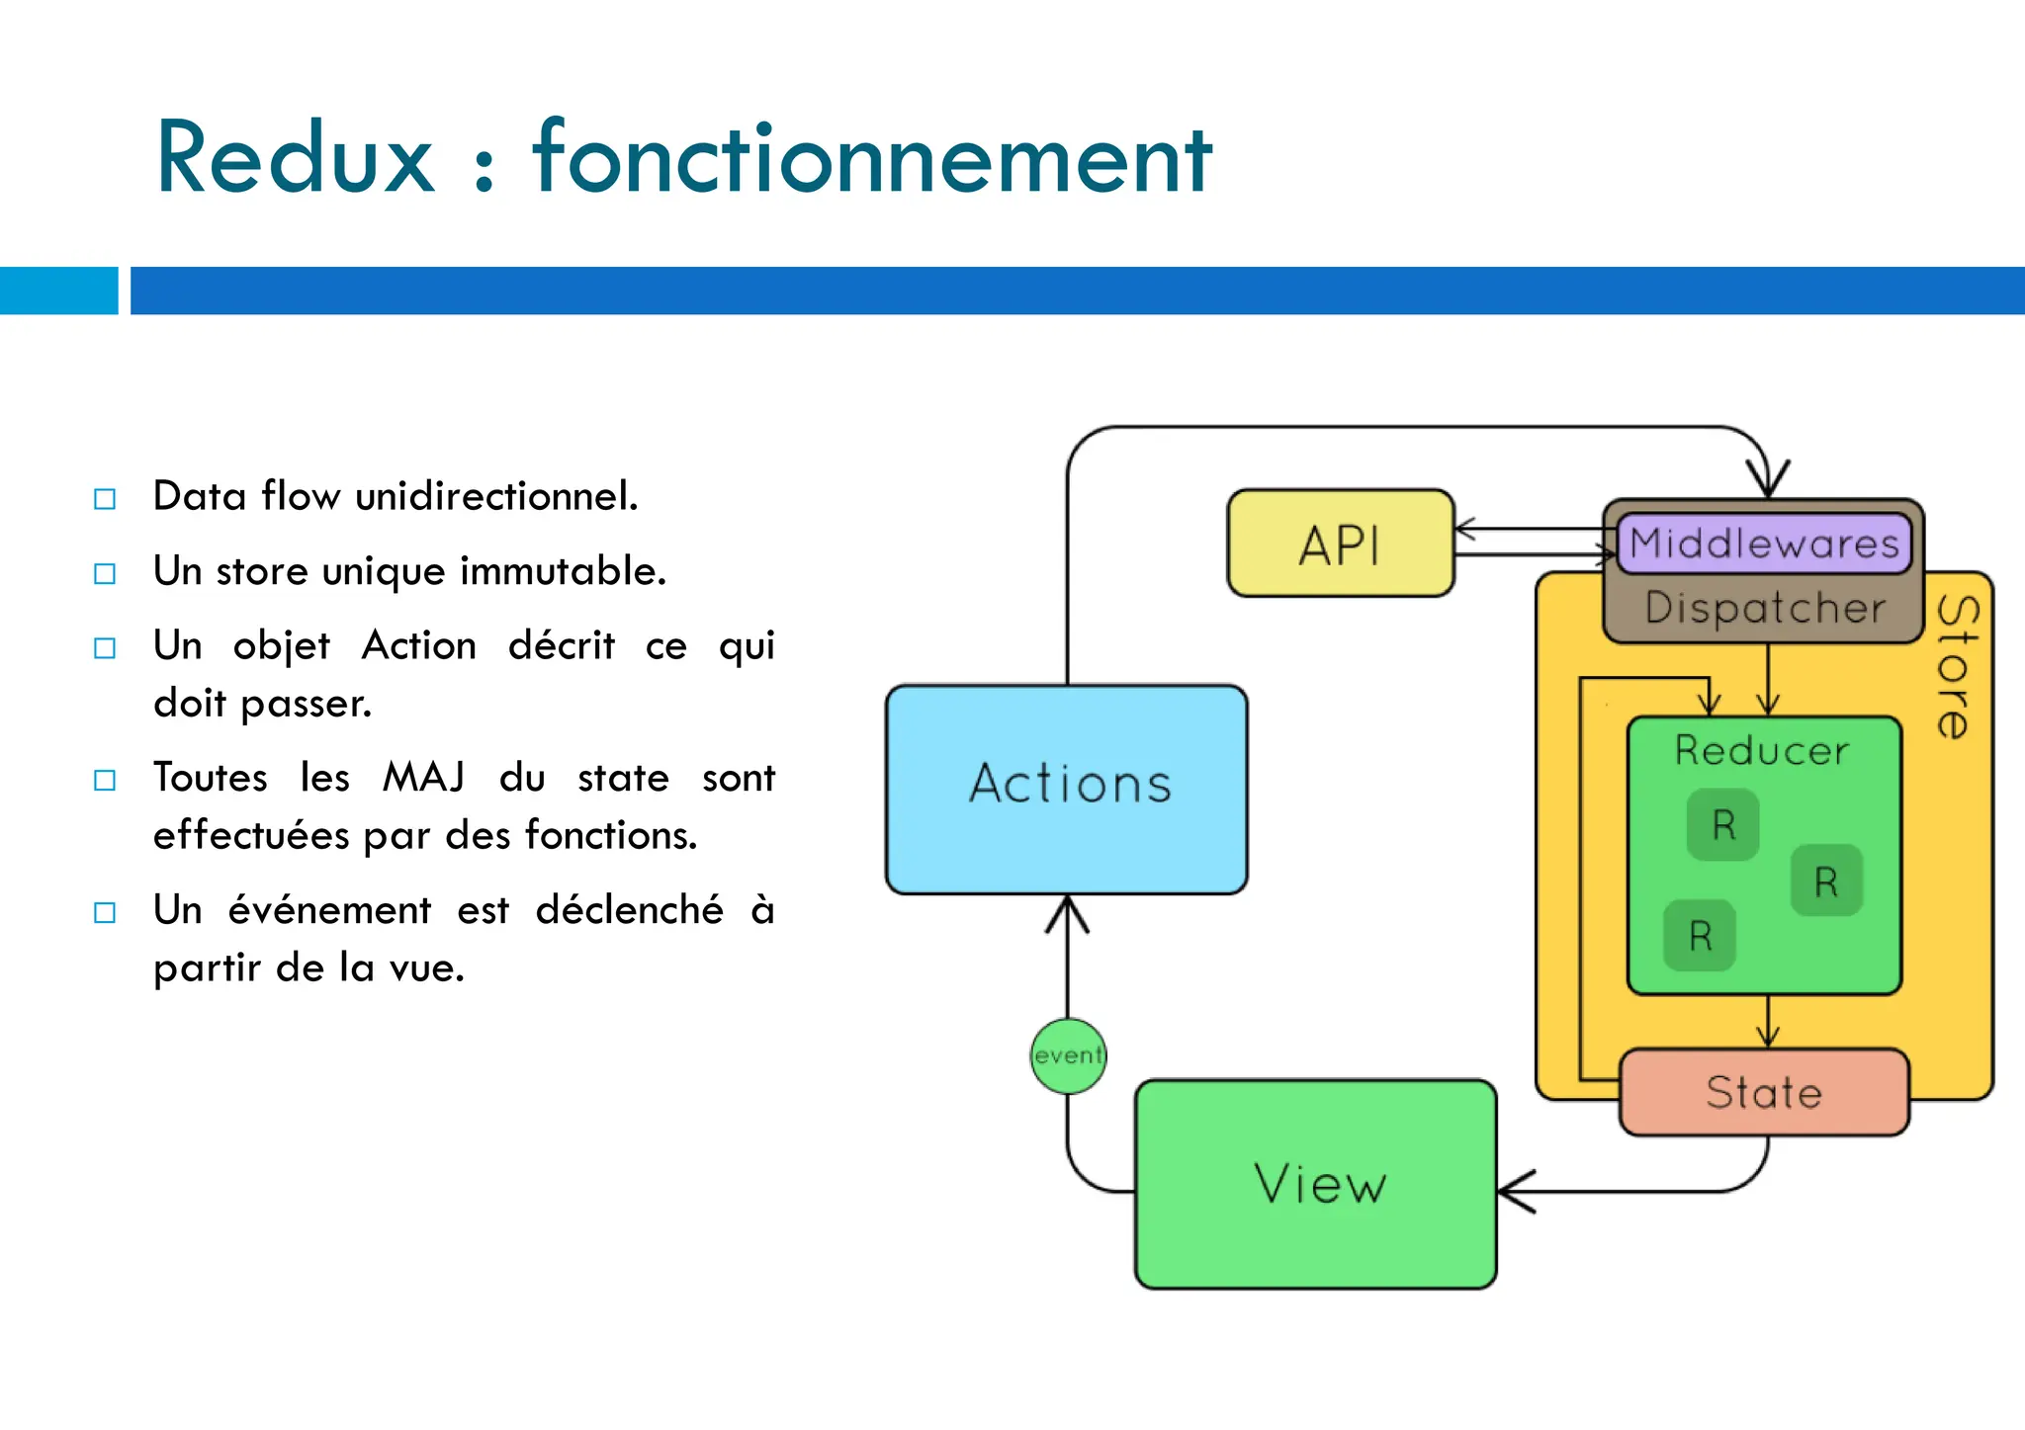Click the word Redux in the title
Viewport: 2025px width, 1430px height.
(295, 158)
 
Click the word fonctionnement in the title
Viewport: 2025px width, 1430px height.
(871, 158)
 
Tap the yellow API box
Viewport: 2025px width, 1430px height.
(1340, 545)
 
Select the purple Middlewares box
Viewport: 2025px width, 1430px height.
(1764, 544)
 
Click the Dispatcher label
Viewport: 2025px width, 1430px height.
(1765, 608)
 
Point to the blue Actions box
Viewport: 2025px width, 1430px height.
(1067, 788)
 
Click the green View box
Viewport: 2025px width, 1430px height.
(1316, 1184)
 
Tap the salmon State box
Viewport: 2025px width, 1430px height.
(1764, 1093)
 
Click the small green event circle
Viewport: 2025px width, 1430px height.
(1068, 1056)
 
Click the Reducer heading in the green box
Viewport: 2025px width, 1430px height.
(1762, 751)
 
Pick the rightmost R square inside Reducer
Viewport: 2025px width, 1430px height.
(1826, 881)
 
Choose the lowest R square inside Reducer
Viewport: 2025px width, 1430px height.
(1700, 935)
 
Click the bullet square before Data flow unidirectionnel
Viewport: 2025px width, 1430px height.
(105, 498)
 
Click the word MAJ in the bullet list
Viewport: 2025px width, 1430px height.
(423, 778)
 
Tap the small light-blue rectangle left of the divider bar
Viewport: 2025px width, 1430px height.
(58, 291)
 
